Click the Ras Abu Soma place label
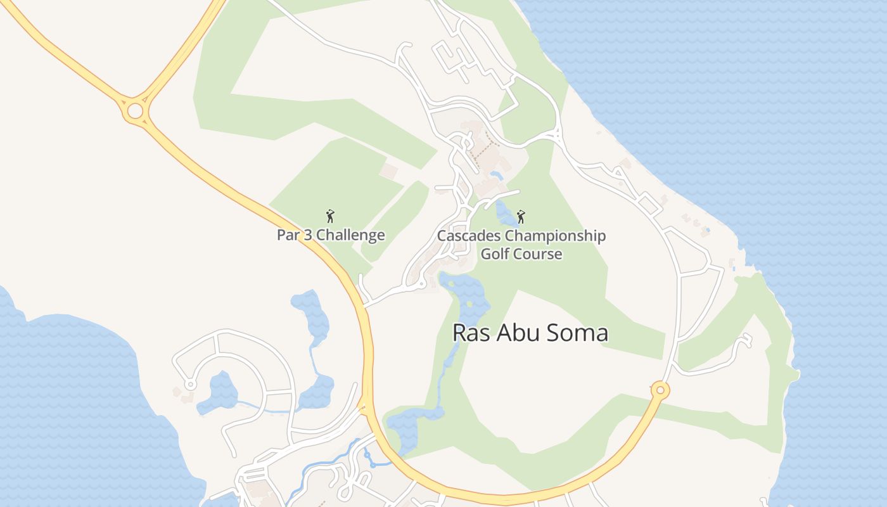coord(530,333)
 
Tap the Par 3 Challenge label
coord(331,235)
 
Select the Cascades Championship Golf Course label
coord(521,245)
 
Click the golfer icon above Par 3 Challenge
coord(329,216)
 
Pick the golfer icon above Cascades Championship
coord(521,217)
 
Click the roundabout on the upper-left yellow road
coord(135,112)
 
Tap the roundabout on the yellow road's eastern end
coord(660,390)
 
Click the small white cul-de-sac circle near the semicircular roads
coord(189,385)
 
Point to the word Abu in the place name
coord(514,333)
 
